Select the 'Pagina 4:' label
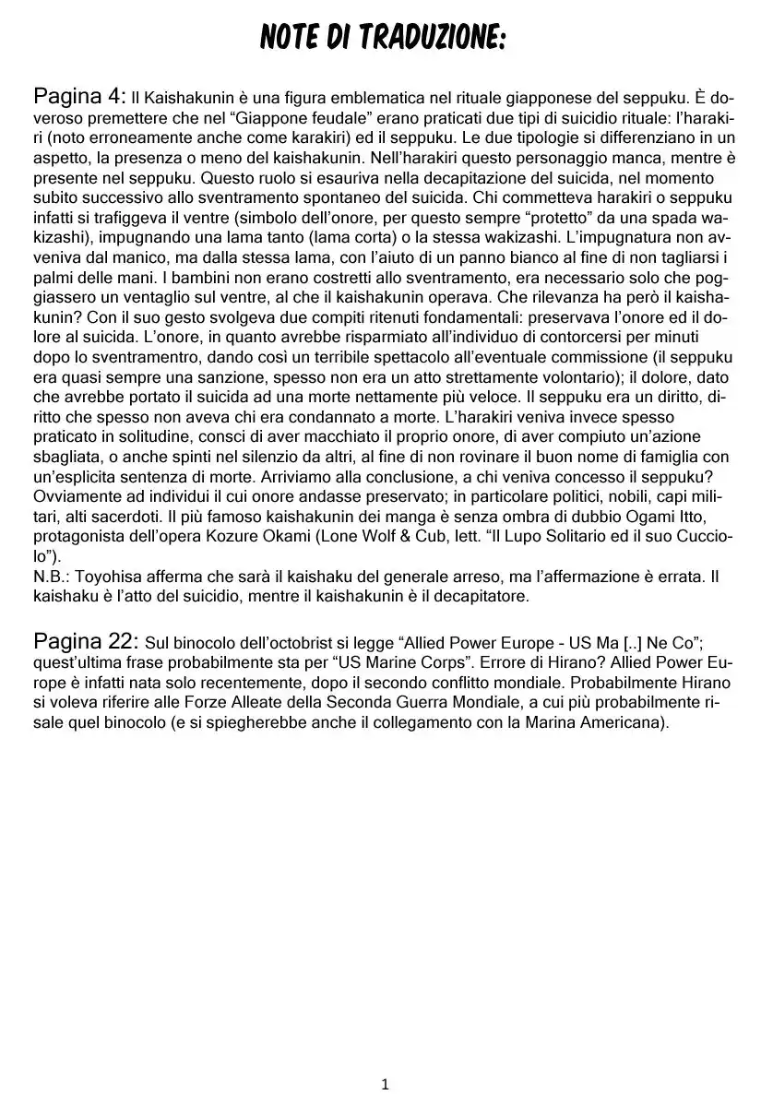78,95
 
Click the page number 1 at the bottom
386,1085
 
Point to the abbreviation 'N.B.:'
52,576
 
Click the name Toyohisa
113,576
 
